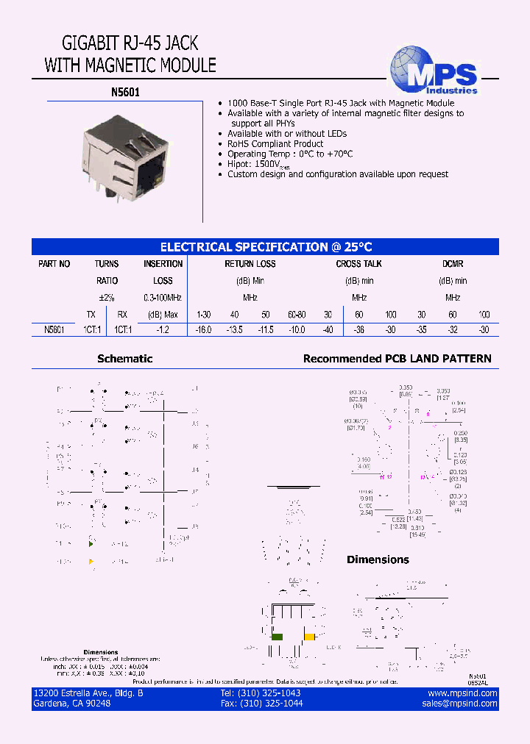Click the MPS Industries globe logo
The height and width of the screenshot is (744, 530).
point(434,71)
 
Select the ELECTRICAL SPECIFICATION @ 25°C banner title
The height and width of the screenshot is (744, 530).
point(266,247)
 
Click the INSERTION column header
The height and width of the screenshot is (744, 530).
point(163,264)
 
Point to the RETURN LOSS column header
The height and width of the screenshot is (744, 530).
point(250,264)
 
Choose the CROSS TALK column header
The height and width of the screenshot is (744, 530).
point(358,264)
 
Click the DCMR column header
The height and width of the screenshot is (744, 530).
point(453,264)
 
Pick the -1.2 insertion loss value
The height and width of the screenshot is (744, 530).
point(163,330)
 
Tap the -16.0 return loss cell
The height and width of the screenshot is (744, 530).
point(203,330)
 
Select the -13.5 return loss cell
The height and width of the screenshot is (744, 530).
point(234,330)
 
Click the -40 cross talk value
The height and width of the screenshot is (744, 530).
point(328,330)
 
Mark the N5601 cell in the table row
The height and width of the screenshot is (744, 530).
point(54,330)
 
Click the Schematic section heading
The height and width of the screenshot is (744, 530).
point(124,359)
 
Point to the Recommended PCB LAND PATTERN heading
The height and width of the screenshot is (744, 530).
point(397,359)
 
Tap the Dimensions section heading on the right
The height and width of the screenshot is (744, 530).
point(378,559)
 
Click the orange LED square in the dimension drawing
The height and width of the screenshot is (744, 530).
point(310,637)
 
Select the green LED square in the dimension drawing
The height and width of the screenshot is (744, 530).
point(278,637)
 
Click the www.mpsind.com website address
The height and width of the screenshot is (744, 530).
point(462,693)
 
